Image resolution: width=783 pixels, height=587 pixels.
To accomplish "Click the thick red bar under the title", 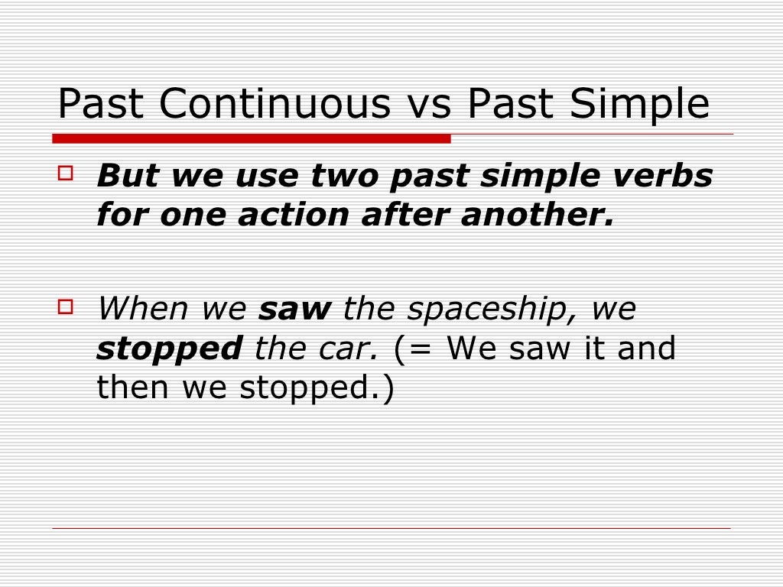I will [x=252, y=138].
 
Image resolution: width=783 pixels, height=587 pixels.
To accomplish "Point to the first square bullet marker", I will [x=66, y=174].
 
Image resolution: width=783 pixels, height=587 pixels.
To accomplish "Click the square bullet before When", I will [x=66, y=307].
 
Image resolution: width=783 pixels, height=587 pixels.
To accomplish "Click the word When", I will [x=142, y=310].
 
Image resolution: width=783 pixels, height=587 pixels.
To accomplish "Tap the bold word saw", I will [x=294, y=310].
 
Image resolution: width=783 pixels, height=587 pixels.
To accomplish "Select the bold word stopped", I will [x=169, y=349].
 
